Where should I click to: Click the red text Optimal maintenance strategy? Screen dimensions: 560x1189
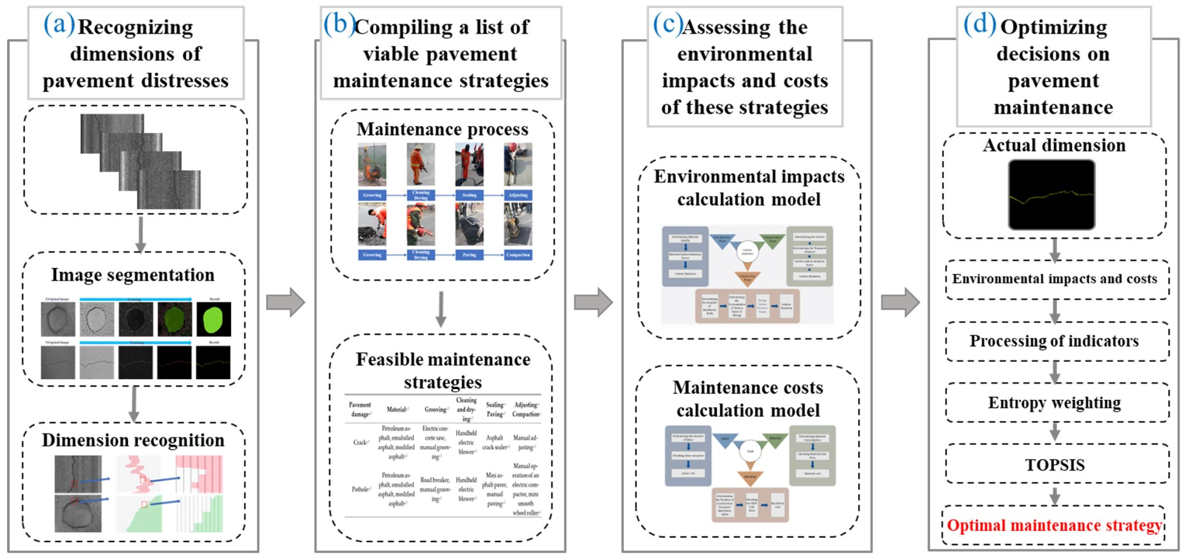1054,525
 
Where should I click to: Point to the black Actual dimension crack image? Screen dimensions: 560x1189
1052,195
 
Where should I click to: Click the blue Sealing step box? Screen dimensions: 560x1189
469,195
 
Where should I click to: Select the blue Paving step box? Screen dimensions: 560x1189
469,255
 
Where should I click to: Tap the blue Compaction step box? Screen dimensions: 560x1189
518,255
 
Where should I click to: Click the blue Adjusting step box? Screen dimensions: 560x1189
518,195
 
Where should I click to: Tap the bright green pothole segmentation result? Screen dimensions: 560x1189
213,319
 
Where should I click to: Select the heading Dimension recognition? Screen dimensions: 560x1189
133,440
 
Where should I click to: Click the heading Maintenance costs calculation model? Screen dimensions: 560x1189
748,399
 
